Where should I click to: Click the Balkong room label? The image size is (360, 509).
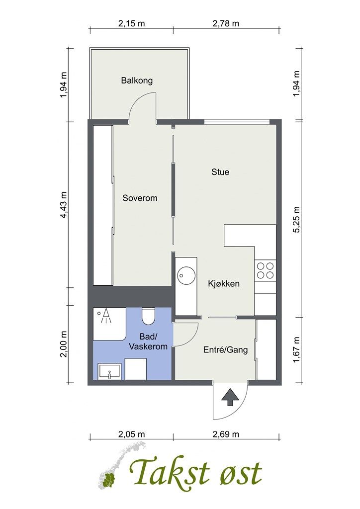[x=137, y=81]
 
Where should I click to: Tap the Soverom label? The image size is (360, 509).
[x=140, y=198]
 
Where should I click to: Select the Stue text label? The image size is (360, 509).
[x=220, y=171]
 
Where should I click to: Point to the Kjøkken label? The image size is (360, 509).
[x=224, y=284]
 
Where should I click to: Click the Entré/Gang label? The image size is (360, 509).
[x=226, y=349]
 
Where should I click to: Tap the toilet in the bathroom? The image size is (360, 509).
[x=148, y=316]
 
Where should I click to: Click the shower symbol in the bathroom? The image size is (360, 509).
[x=105, y=316]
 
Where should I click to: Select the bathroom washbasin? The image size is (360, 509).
[x=110, y=372]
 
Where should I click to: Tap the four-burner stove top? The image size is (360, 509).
[x=265, y=271]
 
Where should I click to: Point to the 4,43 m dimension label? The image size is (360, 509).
[x=64, y=205]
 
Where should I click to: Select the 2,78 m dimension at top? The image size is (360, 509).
[x=226, y=23]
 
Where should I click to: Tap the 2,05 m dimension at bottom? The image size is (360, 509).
[x=131, y=434]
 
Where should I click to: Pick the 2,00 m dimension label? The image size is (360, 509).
[x=64, y=344]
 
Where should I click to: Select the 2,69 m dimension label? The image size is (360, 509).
[x=226, y=434]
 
